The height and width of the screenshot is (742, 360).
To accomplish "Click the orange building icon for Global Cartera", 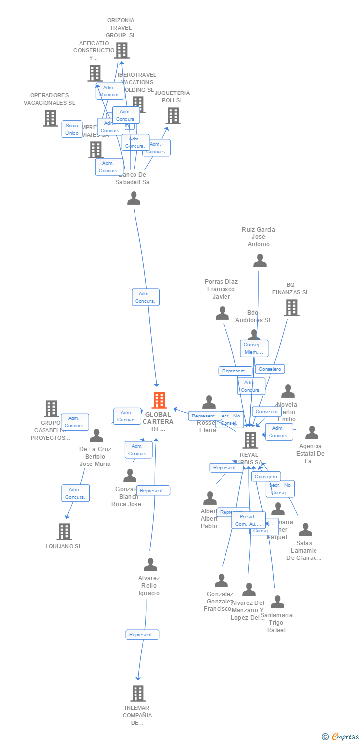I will click(x=159, y=400).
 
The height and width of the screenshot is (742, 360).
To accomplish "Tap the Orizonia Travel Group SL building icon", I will click(x=121, y=50).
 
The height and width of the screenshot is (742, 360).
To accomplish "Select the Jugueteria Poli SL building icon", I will click(x=173, y=116).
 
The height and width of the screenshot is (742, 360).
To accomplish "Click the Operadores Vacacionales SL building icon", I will click(x=50, y=118).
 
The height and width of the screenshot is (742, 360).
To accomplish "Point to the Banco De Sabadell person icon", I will click(x=134, y=198).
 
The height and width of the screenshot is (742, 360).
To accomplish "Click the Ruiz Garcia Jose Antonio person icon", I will click(x=260, y=261).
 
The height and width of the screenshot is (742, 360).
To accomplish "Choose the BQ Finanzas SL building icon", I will click(x=291, y=308).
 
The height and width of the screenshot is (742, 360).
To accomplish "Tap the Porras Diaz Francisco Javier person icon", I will click(x=223, y=313).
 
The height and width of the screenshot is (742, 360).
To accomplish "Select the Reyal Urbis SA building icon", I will click(x=251, y=440).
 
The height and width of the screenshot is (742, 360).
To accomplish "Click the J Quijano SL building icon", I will click(x=64, y=531).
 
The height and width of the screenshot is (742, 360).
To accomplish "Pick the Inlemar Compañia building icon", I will click(x=138, y=694).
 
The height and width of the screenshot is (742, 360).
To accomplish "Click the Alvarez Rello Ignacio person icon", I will click(x=150, y=565).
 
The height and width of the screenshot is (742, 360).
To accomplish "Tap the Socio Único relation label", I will click(x=72, y=129).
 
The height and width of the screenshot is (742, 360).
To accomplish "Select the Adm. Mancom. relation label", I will click(x=109, y=91).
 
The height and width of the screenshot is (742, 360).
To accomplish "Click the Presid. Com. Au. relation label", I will click(x=248, y=520).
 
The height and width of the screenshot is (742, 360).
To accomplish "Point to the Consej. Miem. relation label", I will click(x=254, y=348).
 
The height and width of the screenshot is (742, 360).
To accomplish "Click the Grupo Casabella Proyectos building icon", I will click(x=51, y=409).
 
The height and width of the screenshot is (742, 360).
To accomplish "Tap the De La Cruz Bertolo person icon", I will click(x=96, y=436).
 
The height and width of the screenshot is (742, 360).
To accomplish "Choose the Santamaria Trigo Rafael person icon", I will click(x=277, y=602).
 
